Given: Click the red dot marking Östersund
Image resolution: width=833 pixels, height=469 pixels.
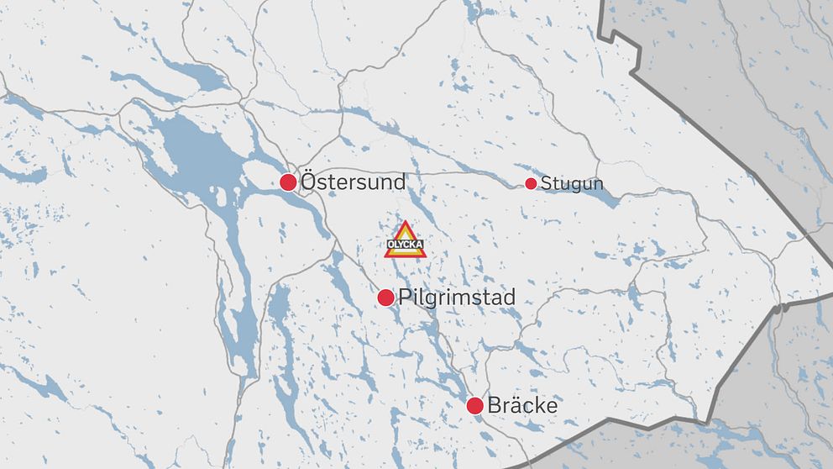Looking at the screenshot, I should point(288,182).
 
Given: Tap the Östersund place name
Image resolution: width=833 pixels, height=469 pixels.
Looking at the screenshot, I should point(353,182).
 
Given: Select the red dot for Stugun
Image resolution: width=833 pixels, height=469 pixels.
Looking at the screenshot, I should point(531,183).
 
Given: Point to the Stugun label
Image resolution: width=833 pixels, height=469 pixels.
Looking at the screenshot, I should point(572,184).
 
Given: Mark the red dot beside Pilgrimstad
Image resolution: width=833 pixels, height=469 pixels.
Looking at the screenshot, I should point(385,297).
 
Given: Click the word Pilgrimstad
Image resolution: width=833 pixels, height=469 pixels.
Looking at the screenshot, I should point(458,298).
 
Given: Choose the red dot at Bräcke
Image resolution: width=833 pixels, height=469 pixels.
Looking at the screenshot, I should point(474,406).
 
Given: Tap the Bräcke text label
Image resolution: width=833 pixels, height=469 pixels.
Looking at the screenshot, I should point(522,406).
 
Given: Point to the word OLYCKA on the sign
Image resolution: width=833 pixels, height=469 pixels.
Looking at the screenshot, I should point(406,246).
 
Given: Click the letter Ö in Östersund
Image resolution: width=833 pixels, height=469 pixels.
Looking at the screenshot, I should point(309,181).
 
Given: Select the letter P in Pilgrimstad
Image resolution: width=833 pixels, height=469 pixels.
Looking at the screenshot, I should point(406,298).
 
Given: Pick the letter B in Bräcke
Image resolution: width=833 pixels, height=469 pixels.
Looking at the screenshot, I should point(494,406).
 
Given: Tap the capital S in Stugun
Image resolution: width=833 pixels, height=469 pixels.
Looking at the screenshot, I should point(546,184).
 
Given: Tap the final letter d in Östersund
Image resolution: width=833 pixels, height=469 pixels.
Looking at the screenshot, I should point(400,182).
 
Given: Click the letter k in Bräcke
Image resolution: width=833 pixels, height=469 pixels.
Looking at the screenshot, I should point(538,406).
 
